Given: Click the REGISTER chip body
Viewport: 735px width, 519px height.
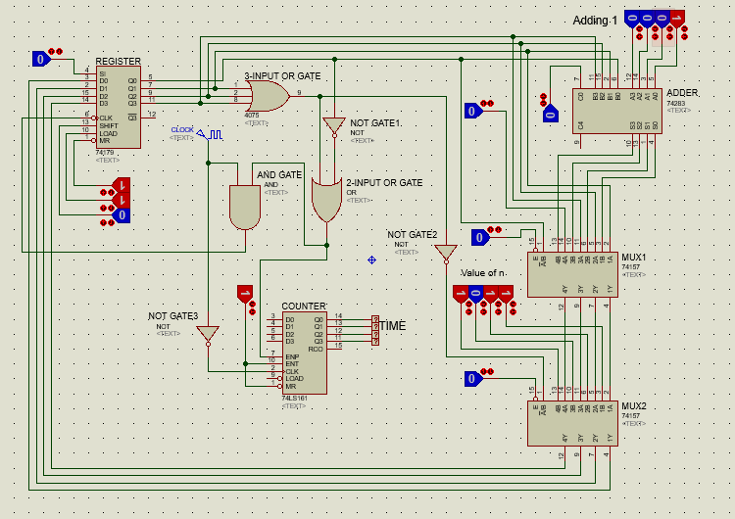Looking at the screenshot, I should pos(118,108).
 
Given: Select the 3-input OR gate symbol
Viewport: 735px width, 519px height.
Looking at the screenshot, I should pos(267,95).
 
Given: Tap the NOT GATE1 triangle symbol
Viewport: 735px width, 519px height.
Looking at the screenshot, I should pos(334,127).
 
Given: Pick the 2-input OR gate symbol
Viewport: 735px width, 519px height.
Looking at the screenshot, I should pos(325,199).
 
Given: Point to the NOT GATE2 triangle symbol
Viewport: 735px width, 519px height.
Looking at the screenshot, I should pos(446,253).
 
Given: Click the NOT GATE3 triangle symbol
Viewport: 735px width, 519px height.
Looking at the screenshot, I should pos(208,334).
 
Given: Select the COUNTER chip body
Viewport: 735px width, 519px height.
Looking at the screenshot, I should pos(304,353).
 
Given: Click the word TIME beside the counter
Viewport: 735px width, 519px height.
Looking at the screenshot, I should pos(393,326).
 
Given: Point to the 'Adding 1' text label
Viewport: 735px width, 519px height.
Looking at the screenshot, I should pos(596,21).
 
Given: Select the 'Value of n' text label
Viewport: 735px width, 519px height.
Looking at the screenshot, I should pos(483,272).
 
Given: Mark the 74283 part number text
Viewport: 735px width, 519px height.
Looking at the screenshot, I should pos(675,103).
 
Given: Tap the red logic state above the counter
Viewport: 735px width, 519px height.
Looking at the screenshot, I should pos(244,292).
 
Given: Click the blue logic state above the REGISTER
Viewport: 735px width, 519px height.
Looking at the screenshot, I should pos(40,59).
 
